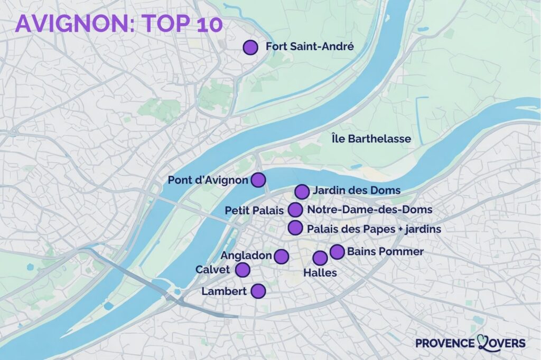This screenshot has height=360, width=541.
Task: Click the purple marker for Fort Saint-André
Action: [x=250, y=48]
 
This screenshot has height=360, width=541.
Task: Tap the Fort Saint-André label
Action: [x=309, y=47]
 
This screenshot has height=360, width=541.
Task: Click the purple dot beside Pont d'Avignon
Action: [x=258, y=180]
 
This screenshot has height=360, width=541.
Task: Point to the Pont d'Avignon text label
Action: [x=208, y=181]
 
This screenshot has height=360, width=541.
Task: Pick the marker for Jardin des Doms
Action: [x=302, y=191]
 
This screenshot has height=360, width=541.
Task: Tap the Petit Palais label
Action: [x=254, y=210]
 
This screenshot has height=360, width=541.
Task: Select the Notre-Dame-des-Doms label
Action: [x=369, y=210]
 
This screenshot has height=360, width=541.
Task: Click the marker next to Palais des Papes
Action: [x=295, y=228]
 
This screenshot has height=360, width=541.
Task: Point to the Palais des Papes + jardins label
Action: [x=374, y=229]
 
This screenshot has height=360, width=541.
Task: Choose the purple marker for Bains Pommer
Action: [x=337, y=252]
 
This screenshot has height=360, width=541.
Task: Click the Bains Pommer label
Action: [x=385, y=252]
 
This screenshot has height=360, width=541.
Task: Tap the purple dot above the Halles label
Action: [x=320, y=258]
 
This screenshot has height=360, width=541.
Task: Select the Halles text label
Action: [x=320, y=273]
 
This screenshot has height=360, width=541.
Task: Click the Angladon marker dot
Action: [x=281, y=257]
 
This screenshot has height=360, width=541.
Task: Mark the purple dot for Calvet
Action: [x=242, y=270]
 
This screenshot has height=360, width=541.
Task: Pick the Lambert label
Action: [x=225, y=291]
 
